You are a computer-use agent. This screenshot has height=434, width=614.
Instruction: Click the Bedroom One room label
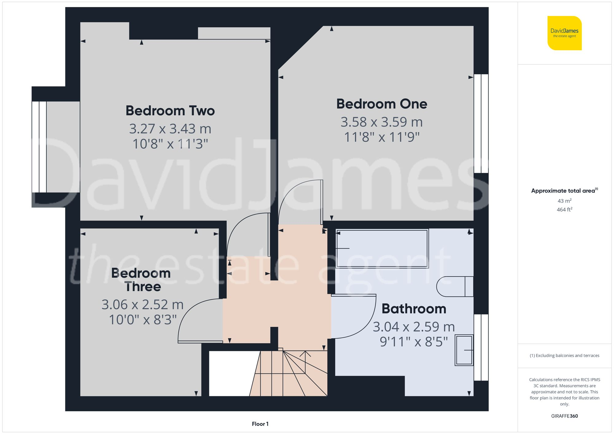pos(382,104)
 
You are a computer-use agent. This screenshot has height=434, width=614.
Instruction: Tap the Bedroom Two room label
pos(170,111)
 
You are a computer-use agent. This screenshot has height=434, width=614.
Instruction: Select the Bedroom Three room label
pos(141,280)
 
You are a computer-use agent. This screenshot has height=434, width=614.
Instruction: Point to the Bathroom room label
pos(414,309)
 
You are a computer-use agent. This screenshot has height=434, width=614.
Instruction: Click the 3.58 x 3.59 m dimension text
pos(382,122)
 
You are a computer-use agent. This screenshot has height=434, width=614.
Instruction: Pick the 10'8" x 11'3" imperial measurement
pos(170,144)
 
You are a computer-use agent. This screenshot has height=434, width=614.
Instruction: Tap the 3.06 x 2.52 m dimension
pos(142,305)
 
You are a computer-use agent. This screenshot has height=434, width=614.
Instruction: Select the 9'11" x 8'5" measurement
pos(414,341)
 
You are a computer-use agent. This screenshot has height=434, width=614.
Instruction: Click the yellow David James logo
pos(564,33)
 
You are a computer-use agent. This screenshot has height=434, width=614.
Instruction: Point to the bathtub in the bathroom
pos(382,248)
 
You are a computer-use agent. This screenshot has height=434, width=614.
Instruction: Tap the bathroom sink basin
pos(464,350)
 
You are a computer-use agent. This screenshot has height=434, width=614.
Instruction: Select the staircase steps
pos(289,374)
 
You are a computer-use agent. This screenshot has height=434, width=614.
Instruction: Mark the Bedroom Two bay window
pos(39,147)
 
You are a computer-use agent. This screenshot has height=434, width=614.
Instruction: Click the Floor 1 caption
pos(260,424)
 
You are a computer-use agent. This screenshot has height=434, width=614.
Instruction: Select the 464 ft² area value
pos(564,210)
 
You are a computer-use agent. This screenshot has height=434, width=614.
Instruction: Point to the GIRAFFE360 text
pos(564,416)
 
